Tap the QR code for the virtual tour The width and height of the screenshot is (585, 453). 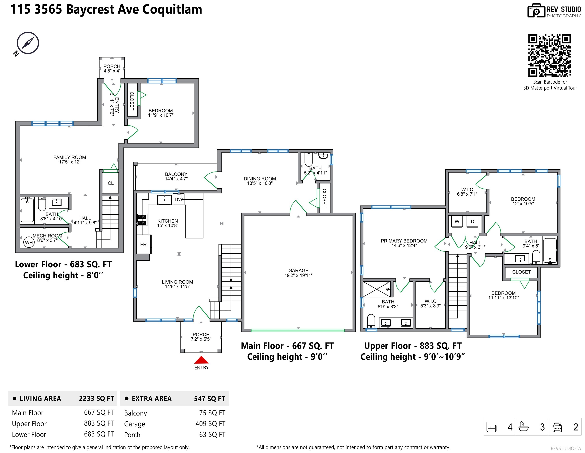549,55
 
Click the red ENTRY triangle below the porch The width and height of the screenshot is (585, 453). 201,360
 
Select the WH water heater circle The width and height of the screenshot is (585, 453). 29,242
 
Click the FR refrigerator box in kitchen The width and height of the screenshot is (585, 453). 143,244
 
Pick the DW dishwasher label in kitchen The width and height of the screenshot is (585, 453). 178,200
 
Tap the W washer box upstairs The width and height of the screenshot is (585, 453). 457,222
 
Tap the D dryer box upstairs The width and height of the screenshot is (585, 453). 473,222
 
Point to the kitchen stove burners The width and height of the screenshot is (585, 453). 142,220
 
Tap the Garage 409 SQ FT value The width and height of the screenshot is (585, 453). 210,424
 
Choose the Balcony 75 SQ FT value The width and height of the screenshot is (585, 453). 212,413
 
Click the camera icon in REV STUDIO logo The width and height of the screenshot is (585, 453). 536,11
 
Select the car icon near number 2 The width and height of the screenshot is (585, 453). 557,427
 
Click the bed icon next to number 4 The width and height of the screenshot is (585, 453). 491,427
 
